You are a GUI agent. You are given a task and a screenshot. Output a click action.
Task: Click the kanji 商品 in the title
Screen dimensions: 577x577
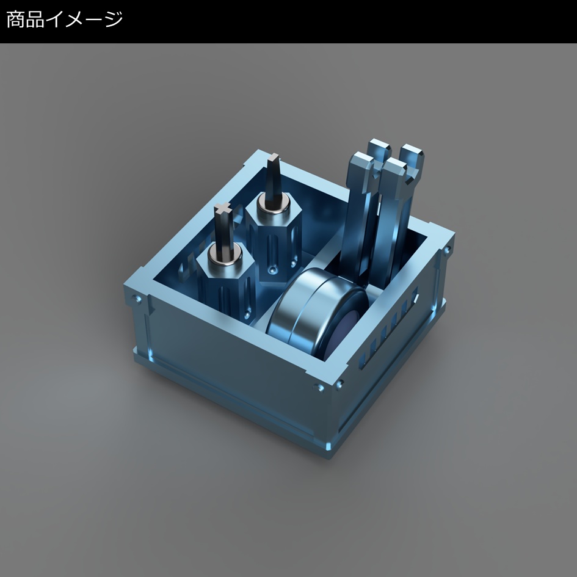pyautogui.click(x=25, y=20)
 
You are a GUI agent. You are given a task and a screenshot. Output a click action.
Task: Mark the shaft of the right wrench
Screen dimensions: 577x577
pyautogui.click(x=394, y=232)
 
